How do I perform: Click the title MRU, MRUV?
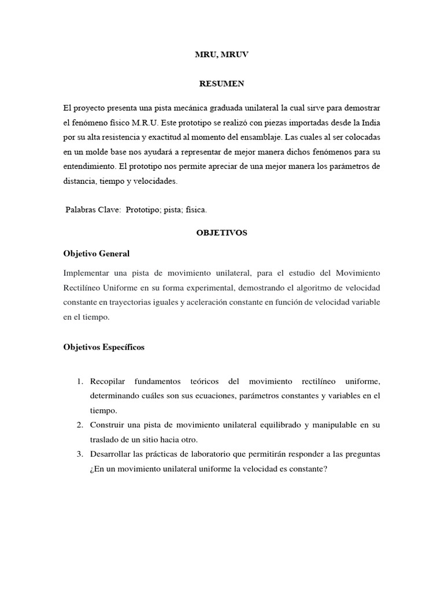221,55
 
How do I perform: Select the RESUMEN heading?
221,84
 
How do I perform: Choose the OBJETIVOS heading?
221,232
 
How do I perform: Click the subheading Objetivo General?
96,253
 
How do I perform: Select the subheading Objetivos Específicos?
103,347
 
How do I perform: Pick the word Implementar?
86,272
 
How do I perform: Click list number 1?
80,382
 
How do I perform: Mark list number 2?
80,425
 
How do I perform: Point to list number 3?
80,454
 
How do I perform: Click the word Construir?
108,425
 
